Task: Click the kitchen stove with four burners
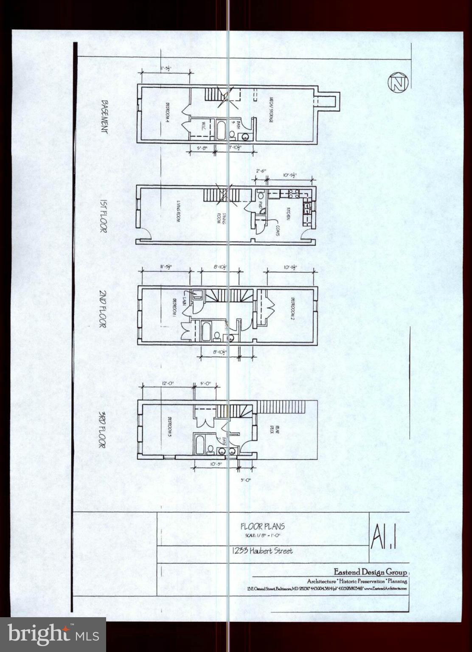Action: point(292,194)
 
